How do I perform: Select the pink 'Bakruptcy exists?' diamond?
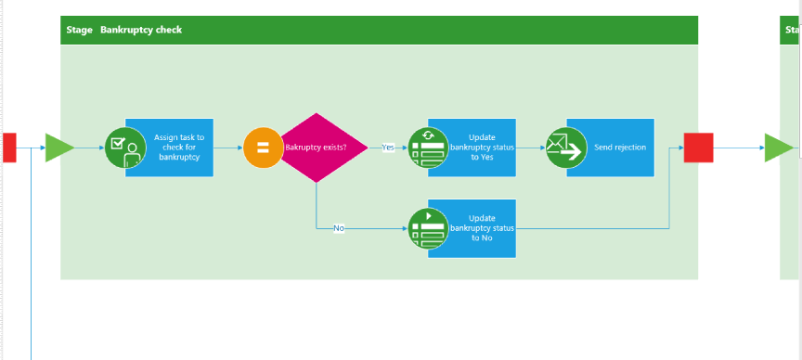coord(317,148)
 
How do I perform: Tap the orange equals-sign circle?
coord(263,148)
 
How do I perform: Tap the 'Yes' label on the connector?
coord(387,148)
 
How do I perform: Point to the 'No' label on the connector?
coord(339,228)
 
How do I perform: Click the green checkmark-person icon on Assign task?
coord(124,148)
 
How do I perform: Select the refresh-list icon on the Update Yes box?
coord(428,148)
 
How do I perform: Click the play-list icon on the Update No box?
coord(428,228)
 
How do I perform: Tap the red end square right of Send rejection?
coord(698,148)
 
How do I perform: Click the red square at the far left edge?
coord(9,148)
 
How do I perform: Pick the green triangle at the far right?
coord(777,148)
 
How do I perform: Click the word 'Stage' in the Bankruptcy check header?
coord(79,30)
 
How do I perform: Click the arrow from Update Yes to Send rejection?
coord(530,148)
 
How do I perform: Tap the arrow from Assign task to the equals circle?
coord(228,148)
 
